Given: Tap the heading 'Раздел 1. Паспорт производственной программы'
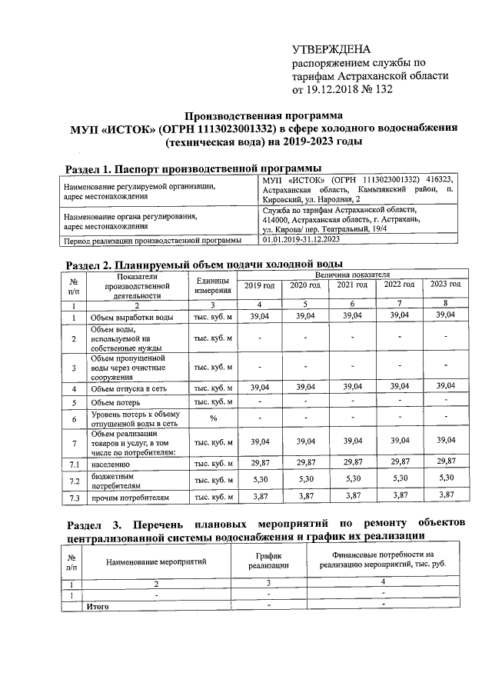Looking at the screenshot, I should tap(193, 168).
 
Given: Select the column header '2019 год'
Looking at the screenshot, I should tap(259, 285).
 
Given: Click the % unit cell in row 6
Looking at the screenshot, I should tap(214, 419).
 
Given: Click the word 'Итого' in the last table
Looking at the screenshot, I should tap(97, 606).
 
